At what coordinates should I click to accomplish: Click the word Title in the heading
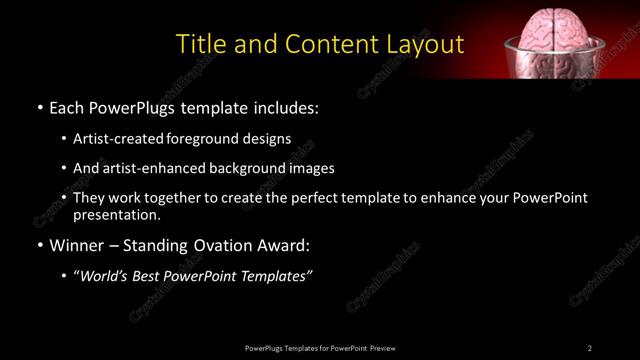tap(199, 45)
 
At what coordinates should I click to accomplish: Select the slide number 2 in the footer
tap(590, 348)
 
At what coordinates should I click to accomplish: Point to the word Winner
tap(78, 244)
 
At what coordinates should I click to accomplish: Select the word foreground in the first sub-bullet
tap(215, 138)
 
